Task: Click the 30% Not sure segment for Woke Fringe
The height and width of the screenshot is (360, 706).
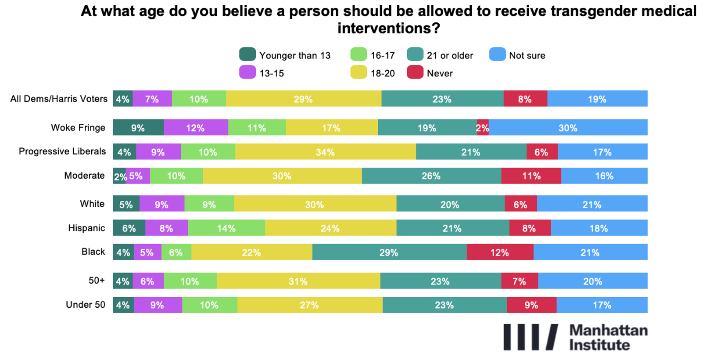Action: click(x=568, y=128)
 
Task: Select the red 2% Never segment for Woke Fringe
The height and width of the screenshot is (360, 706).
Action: click(x=483, y=128)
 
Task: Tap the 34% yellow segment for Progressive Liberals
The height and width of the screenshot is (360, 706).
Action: click(x=325, y=152)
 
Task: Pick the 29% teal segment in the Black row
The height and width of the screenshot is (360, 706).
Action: click(x=389, y=252)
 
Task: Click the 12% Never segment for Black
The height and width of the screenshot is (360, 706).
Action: click(x=500, y=252)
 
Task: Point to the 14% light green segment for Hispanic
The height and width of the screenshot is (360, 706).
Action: click(x=226, y=228)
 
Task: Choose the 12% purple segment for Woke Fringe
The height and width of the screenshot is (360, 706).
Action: click(x=195, y=128)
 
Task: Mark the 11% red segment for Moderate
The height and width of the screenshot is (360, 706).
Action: click(x=531, y=176)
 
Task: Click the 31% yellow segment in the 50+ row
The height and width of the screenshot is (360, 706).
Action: click(x=298, y=281)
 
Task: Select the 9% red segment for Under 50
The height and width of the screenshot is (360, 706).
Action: click(x=531, y=305)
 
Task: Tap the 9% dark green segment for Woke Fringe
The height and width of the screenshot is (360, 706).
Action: click(x=138, y=128)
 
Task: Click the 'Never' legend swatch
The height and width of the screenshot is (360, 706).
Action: click(x=415, y=72)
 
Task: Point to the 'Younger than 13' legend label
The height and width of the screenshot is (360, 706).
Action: click(x=294, y=55)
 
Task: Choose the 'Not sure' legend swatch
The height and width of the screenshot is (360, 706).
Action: click(x=497, y=54)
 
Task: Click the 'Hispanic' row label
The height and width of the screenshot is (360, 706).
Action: click(x=86, y=228)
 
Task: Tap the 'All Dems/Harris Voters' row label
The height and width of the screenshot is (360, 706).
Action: click(x=59, y=99)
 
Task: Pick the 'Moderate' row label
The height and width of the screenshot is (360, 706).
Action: click(x=84, y=176)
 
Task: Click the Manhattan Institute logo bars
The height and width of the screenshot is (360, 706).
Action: click(x=530, y=337)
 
